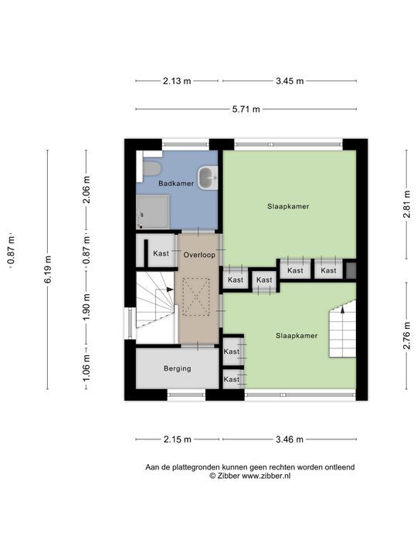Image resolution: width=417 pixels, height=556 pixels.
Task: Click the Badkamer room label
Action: [x=176, y=183]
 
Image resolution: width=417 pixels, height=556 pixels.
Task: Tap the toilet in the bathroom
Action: [x=151, y=168]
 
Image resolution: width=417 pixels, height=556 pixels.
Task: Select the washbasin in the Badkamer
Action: [x=208, y=178]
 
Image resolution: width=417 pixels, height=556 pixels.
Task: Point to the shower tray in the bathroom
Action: [x=152, y=212]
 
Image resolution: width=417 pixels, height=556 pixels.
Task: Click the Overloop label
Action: [x=199, y=255]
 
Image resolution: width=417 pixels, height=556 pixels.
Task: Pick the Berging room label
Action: [x=178, y=368]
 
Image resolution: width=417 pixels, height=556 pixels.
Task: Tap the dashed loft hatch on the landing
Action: [x=196, y=297]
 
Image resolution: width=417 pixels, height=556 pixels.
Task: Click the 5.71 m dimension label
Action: [x=246, y=109]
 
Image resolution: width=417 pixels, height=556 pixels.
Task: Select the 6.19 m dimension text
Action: [x=48, y=270]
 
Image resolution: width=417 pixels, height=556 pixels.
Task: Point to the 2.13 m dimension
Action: [x=177, y=81]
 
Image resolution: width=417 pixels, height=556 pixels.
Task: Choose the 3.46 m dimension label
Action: [x=290, y=439]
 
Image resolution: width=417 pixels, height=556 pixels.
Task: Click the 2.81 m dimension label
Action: [x=407, y=204]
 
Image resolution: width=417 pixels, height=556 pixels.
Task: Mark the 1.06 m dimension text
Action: [x=86, y=368]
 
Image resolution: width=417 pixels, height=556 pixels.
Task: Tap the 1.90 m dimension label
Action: [x=86, y=307]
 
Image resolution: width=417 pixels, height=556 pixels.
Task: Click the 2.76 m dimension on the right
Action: [x=407, y=335]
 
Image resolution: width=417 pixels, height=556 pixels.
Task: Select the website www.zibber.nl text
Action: [x=266, y=476]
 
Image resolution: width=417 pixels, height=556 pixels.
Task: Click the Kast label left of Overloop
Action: [x=161, y=253]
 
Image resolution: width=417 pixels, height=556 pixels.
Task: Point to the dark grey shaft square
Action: [x=351, y=270]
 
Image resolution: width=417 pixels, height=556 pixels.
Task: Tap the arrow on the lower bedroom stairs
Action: [x=343, y=309]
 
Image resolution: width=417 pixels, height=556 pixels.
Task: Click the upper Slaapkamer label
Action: [x=288, y=206]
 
